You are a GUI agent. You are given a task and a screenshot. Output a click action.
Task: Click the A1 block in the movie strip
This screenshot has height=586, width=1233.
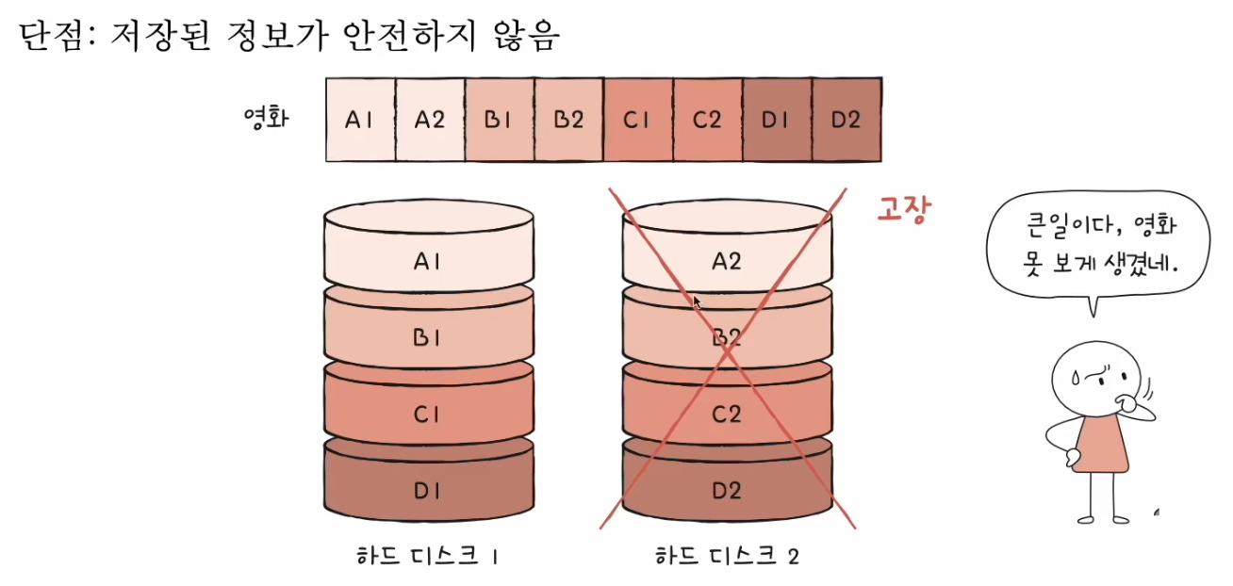(360, 120)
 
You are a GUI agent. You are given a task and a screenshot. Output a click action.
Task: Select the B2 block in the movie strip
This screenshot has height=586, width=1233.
(568, 120)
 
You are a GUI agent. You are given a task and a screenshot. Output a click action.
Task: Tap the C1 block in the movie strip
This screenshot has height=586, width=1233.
(638, 120)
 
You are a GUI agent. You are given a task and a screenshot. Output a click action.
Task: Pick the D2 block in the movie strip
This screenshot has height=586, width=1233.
(847, 120)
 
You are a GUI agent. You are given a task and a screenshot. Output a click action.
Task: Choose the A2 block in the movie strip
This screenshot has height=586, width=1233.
(430, 120)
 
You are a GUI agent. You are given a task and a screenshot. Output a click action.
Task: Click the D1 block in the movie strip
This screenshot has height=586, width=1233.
(777, 120)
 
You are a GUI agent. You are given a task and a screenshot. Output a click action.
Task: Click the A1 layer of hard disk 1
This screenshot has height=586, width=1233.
(427, 261)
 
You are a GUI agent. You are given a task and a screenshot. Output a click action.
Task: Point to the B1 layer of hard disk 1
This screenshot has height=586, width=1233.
(427, 336)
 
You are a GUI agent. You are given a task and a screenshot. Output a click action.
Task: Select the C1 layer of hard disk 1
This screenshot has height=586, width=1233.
(427, 413)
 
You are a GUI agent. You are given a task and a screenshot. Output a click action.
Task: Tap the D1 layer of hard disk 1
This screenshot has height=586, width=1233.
(427, 489)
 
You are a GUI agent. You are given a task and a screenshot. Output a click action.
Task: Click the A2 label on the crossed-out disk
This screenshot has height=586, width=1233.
(727, 261)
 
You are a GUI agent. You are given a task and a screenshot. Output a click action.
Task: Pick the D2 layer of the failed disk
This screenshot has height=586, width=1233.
(727, 489)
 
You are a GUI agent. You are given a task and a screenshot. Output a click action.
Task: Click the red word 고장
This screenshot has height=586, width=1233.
(904, 209)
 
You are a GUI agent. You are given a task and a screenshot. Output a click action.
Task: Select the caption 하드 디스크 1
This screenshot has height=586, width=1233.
(427, 557)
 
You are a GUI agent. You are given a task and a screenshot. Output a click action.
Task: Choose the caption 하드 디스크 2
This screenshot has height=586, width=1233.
(727, 557)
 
